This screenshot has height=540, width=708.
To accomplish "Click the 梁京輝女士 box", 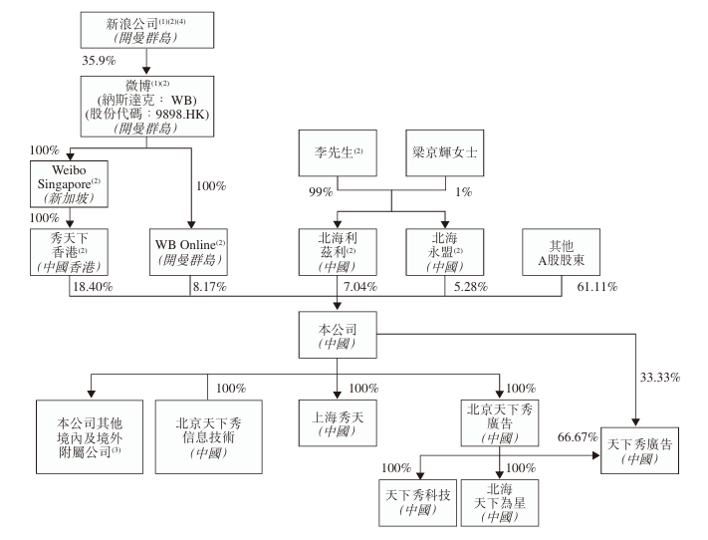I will [445, 155].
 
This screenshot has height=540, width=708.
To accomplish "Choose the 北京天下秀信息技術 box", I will [209, 431].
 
